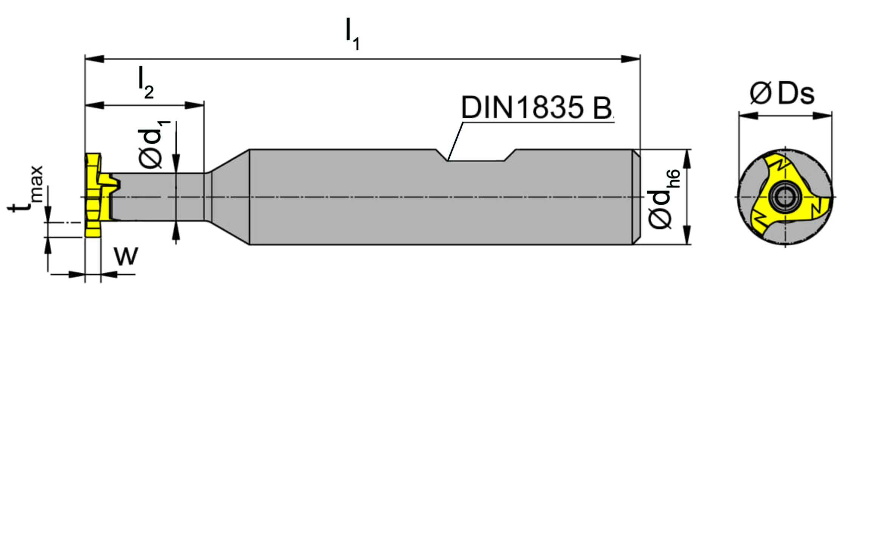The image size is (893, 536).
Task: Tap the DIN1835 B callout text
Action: tap(536, 108)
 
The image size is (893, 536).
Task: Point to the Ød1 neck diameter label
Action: tap(153, 144)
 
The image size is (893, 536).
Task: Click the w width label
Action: tap(126, 256)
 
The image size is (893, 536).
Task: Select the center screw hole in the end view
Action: tap(785, 197)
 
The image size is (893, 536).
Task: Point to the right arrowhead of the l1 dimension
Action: tap(631, 59)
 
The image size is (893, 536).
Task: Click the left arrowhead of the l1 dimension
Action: tap(95, 59)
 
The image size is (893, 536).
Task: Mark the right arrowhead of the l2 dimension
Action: tap(194, 105)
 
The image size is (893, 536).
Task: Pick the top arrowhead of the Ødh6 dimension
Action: tap(687, 159)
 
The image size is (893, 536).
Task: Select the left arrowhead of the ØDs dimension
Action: tap(748, 115)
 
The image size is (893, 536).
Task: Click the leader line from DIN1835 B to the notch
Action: tap(455, 141)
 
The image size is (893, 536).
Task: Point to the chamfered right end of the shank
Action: tap(636, 197)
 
